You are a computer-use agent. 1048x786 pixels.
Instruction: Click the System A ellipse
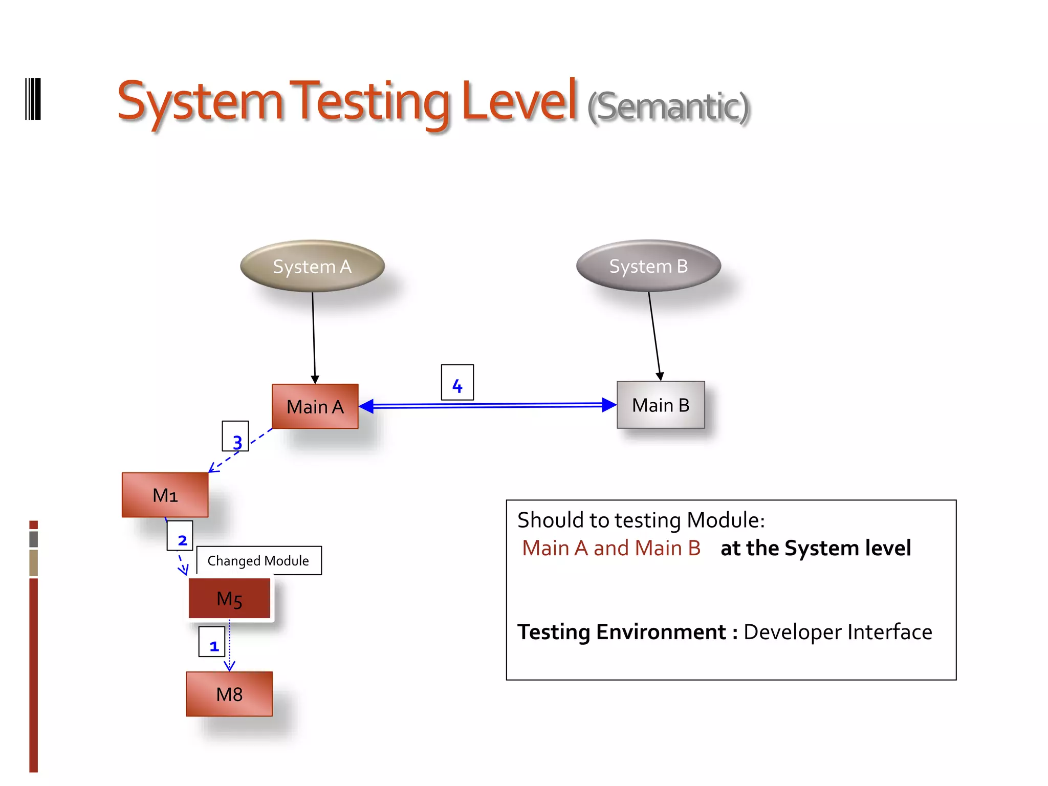(312, 266)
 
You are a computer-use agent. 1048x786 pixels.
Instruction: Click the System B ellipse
(648, 266)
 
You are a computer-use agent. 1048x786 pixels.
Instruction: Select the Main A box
(315, 406)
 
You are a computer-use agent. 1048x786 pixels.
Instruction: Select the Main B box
(661, 405)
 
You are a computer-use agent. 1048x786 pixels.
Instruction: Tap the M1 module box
(165, 495)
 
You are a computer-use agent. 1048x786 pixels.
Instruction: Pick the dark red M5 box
(229, 598)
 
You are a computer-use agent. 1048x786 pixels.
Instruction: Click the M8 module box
(229, 694)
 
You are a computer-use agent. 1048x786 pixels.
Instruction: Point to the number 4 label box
(457, 382)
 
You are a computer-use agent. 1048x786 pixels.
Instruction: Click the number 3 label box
(235, 436)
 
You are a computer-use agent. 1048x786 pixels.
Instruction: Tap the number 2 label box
(180, 536)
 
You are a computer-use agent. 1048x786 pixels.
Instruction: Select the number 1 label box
(212, 642)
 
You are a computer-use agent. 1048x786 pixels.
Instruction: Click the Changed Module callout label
(258, 561)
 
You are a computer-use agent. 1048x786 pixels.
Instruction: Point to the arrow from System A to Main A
(314, 338)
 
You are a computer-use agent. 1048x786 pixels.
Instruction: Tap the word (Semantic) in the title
(668, 107)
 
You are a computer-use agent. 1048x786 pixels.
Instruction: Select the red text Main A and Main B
(611, 549)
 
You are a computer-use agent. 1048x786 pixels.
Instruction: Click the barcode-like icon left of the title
(33, 99)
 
